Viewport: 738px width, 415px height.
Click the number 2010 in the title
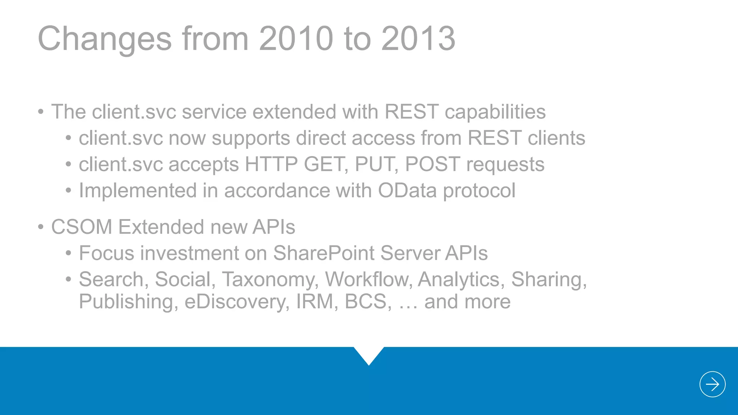[295, 39]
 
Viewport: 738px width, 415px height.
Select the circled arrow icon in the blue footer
[712, 384]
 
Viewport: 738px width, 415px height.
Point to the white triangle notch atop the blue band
[369, 354]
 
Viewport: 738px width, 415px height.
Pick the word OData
[407, 190]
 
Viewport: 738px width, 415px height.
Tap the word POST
[432, 164]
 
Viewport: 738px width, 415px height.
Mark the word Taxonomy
[270, 280]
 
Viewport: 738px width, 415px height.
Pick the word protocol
[479, 191]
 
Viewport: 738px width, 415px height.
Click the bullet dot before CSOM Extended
[41, 227]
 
